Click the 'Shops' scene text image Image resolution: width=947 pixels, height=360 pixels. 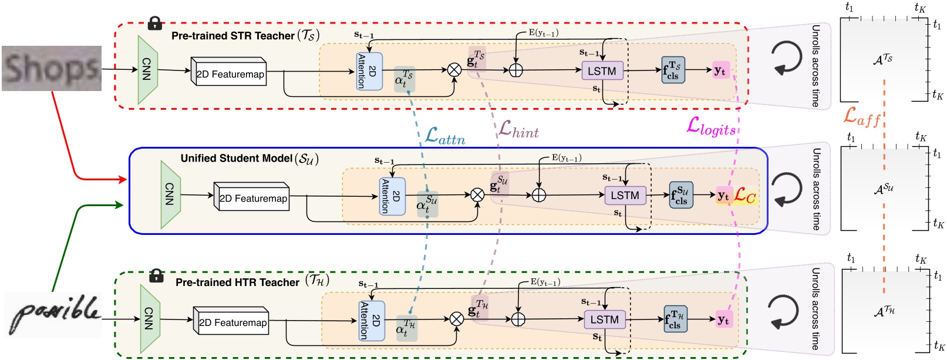click(52, 69)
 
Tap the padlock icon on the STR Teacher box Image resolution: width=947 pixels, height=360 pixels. click(154, 23)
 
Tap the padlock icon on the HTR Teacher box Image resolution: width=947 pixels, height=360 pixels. click(156, 275)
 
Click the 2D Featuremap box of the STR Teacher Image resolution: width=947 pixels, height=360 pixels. click(230, 73)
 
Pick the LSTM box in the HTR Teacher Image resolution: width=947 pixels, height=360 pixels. click(604, 319)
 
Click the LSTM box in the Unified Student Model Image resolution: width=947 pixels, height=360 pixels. click(625, 196)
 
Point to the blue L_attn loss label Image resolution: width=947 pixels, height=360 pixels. click(444, 137)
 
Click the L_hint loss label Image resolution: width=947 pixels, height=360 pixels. click(518, 130)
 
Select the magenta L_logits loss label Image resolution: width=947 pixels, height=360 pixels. click(711, 126)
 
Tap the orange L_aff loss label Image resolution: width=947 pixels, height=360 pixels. click(861, 117)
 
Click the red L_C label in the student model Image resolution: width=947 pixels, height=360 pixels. click(745, 196)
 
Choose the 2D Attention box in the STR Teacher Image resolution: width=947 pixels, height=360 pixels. click(369, 71)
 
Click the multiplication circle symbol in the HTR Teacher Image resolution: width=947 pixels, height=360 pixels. click(457, 319)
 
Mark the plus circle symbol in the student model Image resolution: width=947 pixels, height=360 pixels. click(538, 195)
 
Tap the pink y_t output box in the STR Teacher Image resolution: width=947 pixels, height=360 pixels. click(720, 70)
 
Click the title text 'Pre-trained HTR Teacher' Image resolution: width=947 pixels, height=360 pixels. click(237, 282)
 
